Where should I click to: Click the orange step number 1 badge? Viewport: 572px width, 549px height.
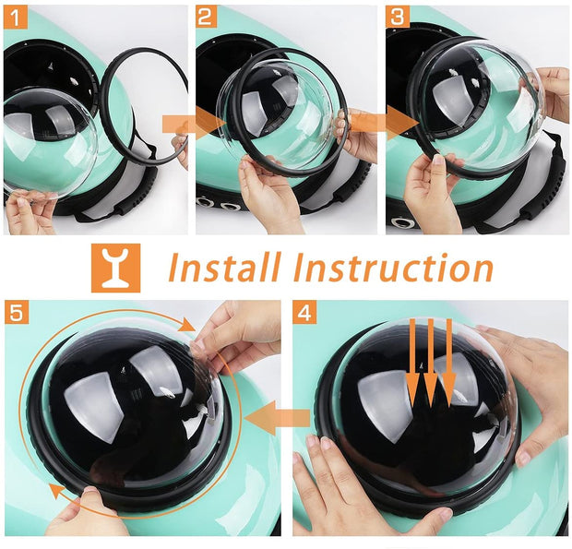(x=16, y=18)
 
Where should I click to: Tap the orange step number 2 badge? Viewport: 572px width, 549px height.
(x=206, y=18)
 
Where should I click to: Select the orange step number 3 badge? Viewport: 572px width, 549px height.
(x=398, y=18)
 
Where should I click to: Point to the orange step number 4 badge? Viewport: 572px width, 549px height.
(x=304, y=312)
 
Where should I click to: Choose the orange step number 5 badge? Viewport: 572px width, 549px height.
(x=17, y=312)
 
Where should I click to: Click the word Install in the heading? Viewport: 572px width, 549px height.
(x=225, y=267)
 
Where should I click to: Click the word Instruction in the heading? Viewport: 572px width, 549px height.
(x=394, y=268)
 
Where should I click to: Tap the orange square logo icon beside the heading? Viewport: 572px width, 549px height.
(x=115, y=268)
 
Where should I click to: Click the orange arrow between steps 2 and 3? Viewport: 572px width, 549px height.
(x=384, y=123)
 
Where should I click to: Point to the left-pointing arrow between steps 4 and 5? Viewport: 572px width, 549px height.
(x=278, y=417)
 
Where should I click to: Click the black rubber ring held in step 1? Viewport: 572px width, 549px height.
(x=143, y=105)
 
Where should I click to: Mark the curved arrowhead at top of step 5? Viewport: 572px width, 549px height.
(x=188, y=324)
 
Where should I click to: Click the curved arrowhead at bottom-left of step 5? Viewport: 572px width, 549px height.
(x=57, y=491)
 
